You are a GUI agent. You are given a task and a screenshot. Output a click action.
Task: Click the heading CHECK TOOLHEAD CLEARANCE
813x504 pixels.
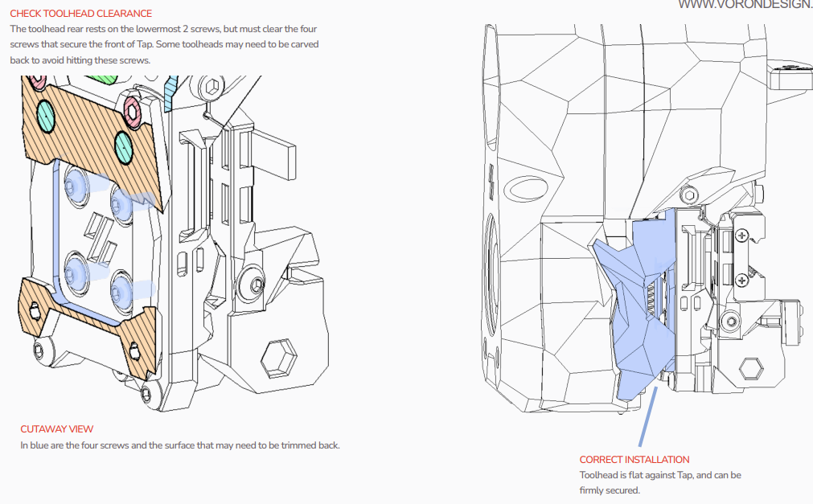(81, 14)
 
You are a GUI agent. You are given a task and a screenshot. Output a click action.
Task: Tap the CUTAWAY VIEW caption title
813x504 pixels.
(57, 429)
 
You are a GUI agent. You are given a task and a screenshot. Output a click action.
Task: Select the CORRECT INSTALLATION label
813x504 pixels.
(634, 460)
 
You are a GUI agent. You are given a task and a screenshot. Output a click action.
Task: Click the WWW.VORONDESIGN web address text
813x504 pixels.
(745, 5)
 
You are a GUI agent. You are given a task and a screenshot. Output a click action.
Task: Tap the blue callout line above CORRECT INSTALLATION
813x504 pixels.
(648, 416)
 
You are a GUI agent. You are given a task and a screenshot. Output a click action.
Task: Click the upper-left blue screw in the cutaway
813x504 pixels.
(76, 183)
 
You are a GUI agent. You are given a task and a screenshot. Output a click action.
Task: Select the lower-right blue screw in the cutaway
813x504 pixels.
(122, 289)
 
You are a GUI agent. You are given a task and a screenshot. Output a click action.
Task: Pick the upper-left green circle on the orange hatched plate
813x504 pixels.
(46, 115)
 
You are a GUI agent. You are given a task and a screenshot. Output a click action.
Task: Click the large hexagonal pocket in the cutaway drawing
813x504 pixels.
(279, 358)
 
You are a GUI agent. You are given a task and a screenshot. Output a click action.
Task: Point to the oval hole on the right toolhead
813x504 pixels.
(526, 188)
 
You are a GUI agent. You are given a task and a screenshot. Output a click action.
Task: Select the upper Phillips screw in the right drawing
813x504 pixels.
(742, 236)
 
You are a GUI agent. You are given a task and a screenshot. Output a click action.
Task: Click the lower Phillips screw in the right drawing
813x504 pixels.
(742, 281)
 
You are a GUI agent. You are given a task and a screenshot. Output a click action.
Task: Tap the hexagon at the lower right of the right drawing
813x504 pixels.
(750, 369)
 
